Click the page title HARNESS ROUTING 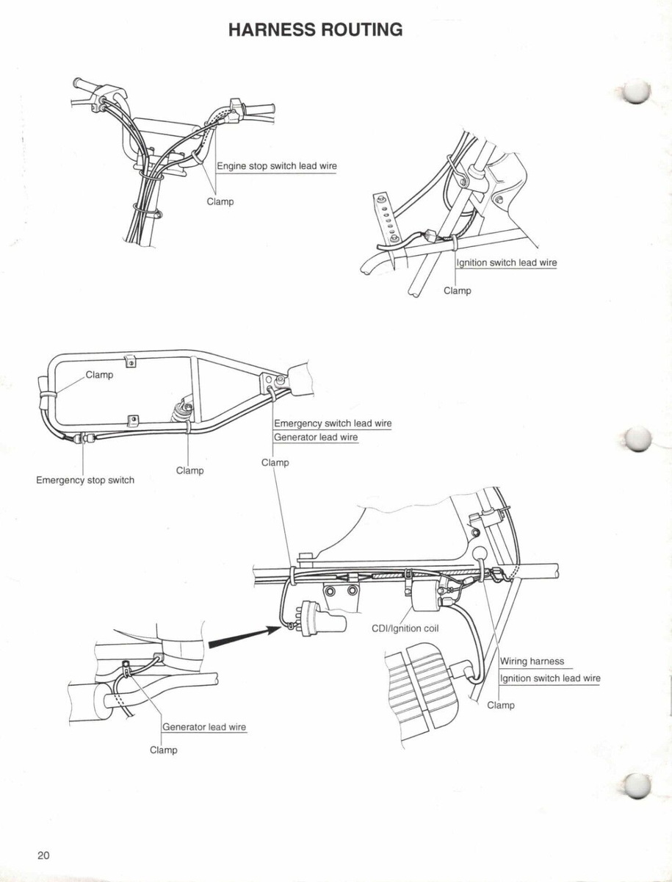point(315,29)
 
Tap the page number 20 point(44,855)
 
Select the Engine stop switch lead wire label point(277,166)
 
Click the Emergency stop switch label point(85,480)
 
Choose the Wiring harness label point(532,661)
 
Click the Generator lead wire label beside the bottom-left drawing point(204,727)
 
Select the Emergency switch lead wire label point(332,423)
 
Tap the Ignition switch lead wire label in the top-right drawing point(507,262)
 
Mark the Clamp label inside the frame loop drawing point(99,375)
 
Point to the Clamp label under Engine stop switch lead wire point(220,201)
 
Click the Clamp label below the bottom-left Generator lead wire point(164,750)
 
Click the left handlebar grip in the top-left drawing point(84,86)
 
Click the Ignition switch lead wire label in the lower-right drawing point(550,678)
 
